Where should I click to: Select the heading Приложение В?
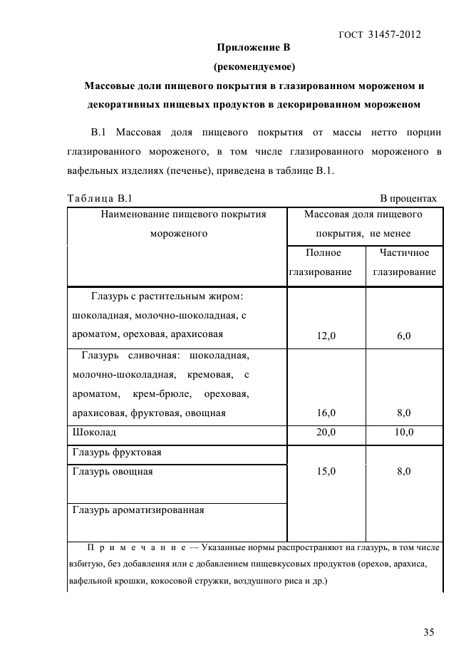(x=254, y=48)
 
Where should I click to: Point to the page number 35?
(x=428, y=631)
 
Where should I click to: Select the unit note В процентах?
(x=408, y=198)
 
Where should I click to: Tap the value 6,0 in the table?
(x=403, y=336)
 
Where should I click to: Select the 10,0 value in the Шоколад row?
(x=403, y=432)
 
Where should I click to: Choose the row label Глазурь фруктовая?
(x=117, y=452)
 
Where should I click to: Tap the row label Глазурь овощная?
(x=113, y=471)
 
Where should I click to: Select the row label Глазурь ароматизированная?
(x=138, y=510)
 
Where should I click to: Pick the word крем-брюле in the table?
(x=157, y=393)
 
